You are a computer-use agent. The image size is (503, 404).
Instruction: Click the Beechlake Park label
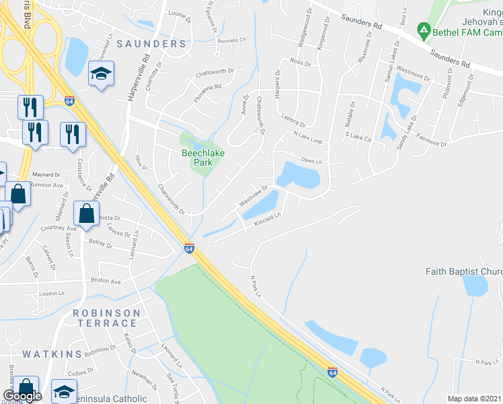tap(203, 158)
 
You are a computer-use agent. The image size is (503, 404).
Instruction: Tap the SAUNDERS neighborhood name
tap(151, 44)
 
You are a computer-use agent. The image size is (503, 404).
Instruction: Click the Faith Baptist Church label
tap(464, 271)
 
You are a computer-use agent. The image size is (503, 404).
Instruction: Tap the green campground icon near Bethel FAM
tap(423, 30)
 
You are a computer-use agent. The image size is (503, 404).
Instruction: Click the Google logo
tap(23, 396)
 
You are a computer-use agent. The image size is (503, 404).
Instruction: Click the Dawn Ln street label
tap(311, 160)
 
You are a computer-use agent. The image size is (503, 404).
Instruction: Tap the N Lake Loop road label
tap(308, 137)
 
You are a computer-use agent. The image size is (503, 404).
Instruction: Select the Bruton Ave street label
tap(106, 281)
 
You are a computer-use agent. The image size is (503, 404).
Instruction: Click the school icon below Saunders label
tap(101, 74)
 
